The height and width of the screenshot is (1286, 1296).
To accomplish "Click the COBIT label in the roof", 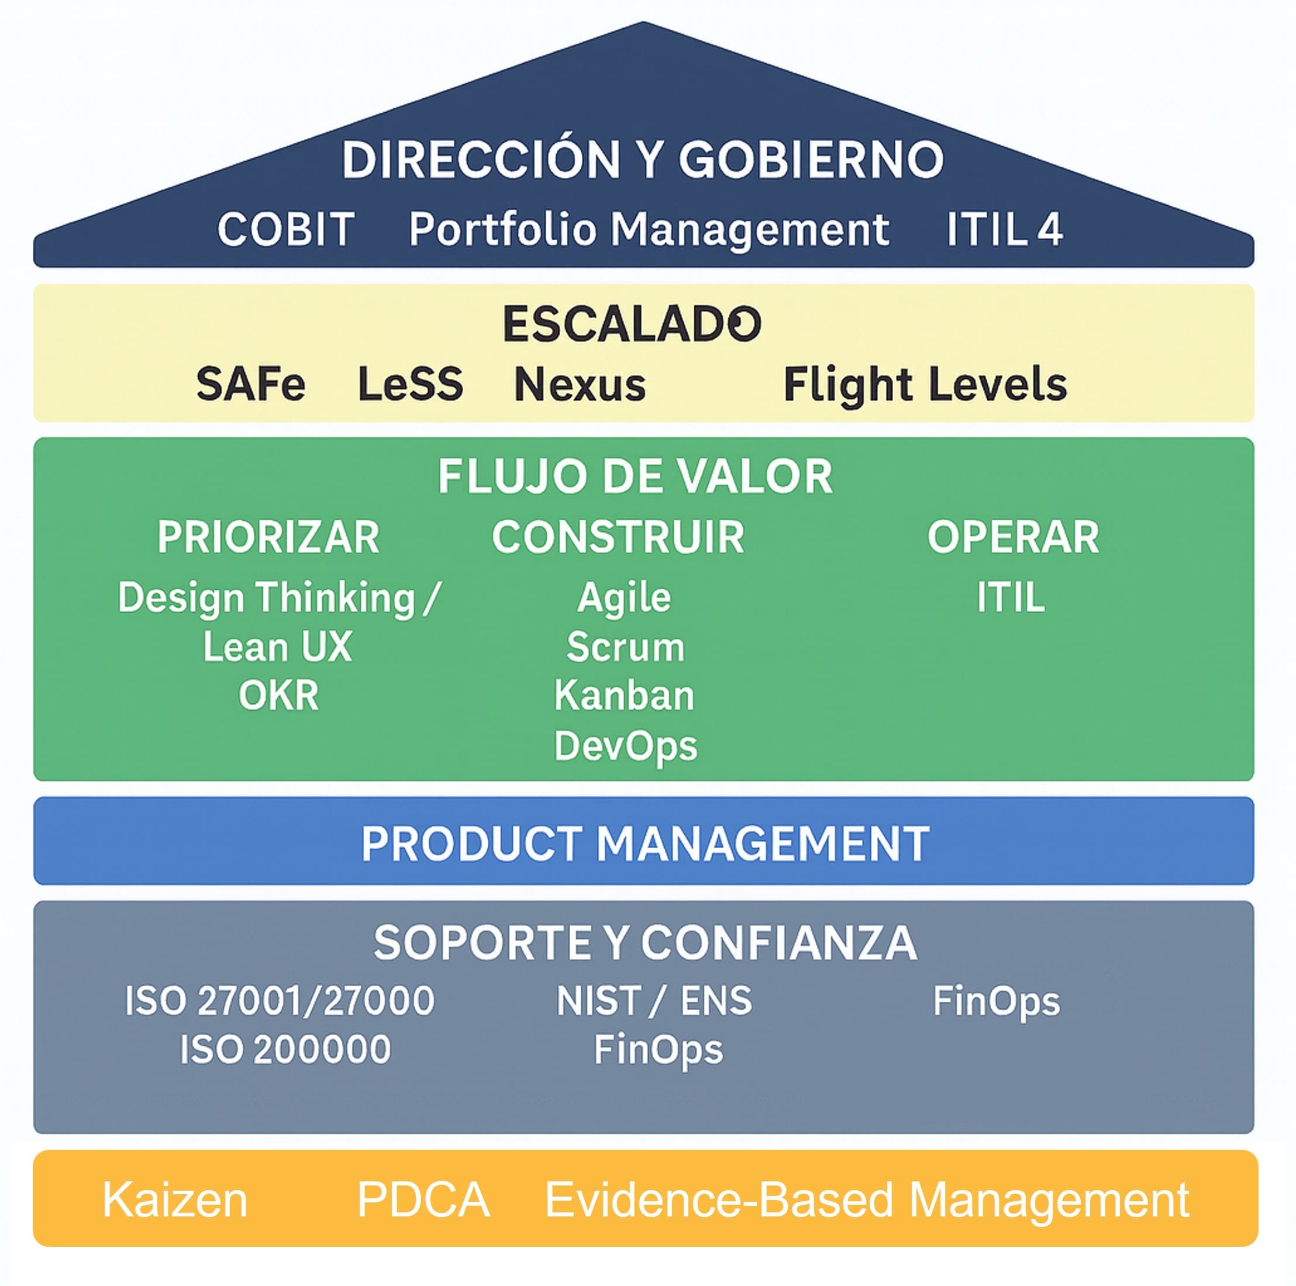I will (286, 229).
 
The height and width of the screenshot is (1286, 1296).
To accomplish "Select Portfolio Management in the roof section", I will (649, 229).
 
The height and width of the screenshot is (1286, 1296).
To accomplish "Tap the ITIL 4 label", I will (1004, 229).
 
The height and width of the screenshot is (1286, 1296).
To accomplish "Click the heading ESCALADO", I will (632, 324).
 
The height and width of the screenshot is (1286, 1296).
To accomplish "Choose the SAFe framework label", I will (251, 384).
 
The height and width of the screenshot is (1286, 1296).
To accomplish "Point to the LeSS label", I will (411, 384).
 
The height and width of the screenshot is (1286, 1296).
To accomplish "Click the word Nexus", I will (580, 384).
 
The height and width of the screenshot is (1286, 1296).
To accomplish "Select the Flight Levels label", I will (925, 384).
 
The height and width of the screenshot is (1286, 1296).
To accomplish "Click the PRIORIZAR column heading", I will (268, 537).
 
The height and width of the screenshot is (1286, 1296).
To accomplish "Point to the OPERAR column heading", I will (1013, 537).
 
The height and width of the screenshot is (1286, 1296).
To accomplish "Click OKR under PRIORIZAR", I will (278, 695).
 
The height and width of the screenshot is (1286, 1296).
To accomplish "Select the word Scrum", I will (625, 647).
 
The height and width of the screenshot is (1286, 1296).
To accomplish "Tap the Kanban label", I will (624, 695).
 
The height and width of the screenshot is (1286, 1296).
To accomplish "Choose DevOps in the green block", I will (625, 745).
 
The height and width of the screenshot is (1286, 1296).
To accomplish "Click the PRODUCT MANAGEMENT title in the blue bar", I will (645, 843).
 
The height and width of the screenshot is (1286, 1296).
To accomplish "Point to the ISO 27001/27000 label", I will (280, 1000).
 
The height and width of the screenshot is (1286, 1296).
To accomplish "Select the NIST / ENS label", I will (654, 1000).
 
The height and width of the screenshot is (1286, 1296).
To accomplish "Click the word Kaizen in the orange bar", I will (175, 1199).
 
